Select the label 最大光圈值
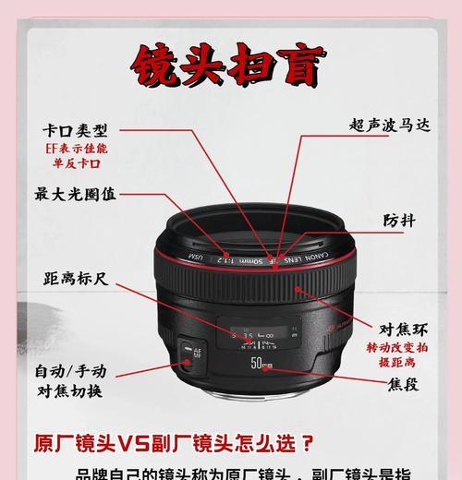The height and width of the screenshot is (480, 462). (75, 194)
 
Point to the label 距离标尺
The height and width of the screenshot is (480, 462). (75, 278)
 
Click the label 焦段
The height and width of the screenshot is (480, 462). (404, 383)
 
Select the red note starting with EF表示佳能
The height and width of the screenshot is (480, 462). (75, 154)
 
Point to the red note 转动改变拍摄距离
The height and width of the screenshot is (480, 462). (397, 354)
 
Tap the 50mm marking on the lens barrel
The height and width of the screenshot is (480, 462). (261, 365)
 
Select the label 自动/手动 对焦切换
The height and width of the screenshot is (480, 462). (71, 380)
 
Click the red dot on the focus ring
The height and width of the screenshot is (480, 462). (296, 288)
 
